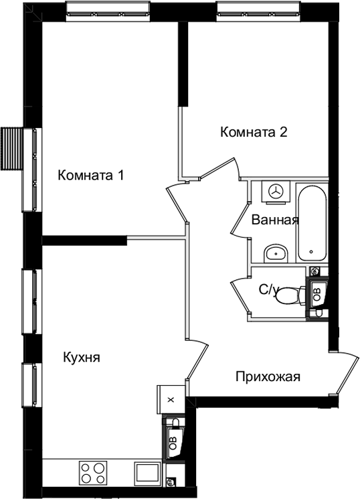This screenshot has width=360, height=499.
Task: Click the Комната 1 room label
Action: pos(90,175)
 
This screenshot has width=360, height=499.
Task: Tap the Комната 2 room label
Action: pos(254,132)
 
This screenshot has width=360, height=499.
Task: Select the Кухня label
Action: pos(82,358)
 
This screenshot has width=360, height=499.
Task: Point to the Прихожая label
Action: pos(268,377)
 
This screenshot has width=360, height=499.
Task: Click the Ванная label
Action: pos(275,220)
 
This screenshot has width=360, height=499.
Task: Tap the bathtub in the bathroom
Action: pos(312,223)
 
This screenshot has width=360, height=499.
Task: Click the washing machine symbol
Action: pos(276,192)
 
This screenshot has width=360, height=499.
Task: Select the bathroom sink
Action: pos(276,254)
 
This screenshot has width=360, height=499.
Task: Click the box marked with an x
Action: pos(171,399)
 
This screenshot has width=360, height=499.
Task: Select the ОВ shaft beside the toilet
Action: pos(317,292)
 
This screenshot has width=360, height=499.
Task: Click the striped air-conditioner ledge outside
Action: pos(12,149)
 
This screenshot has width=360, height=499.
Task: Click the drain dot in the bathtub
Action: pos(311,252)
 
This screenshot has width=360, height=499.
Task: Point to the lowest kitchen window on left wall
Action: pos(32,386)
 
